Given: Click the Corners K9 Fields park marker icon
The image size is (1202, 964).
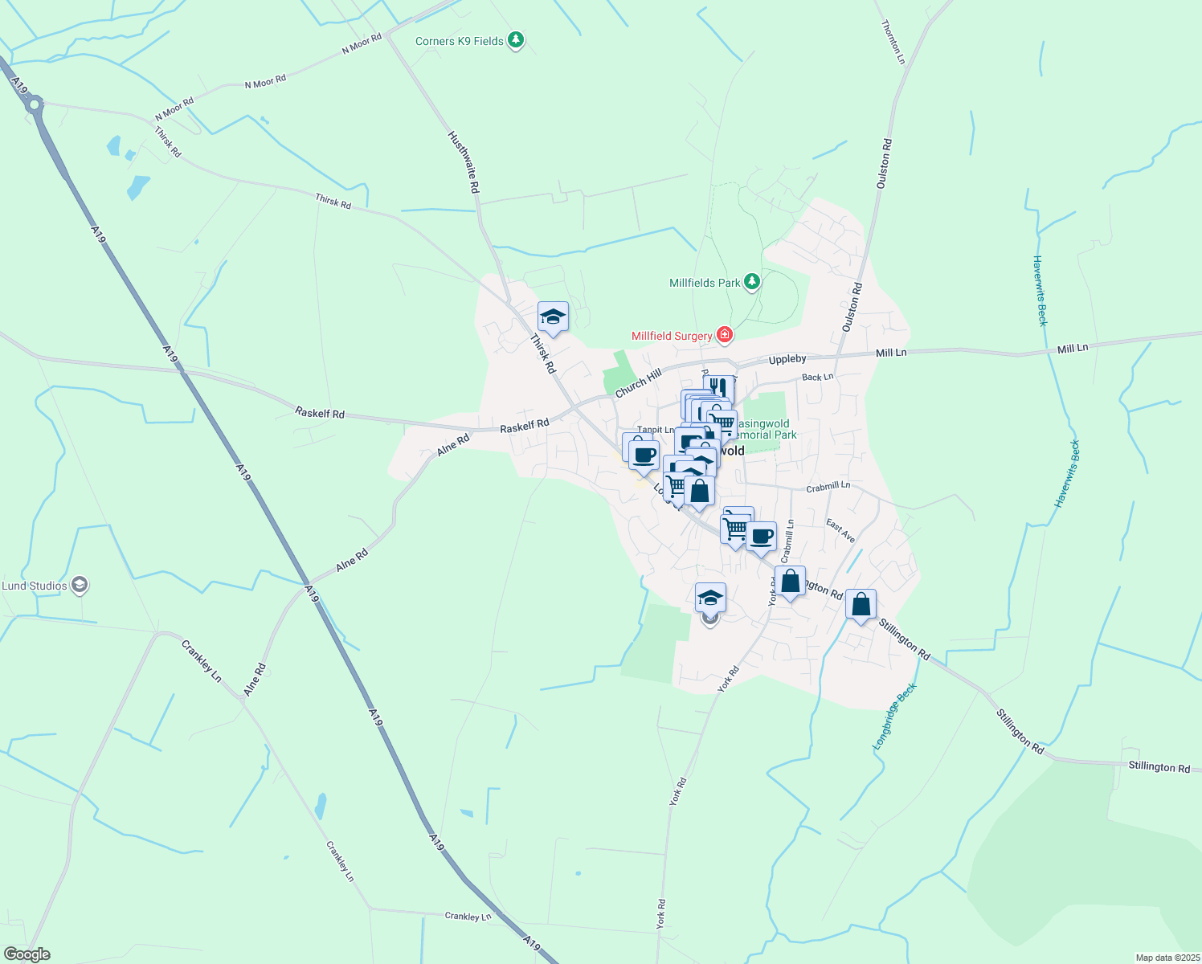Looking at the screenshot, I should (516, 39).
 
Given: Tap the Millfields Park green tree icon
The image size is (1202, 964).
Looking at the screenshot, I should (751, 281).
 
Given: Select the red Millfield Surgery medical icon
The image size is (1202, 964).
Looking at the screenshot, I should (724, 334).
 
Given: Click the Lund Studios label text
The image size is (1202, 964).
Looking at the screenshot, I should (35, 586).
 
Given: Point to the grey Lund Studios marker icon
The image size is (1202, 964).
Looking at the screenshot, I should (79, 585).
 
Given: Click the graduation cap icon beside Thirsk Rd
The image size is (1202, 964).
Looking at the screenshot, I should (553, 317).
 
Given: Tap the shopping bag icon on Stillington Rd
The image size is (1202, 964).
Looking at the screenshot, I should (861, 604).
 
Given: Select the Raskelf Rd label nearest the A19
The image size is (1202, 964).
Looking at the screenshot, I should (320, 413).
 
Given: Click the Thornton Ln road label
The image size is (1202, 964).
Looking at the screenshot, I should (893, 43).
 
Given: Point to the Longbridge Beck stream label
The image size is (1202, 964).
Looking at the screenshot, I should (894, 717).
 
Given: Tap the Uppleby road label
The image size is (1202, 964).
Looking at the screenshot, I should (787, 360).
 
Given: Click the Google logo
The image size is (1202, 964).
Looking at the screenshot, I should (27, 954).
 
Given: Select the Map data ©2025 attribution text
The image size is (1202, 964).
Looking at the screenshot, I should (1167, 958).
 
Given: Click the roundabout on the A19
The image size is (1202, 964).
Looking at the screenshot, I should (34, 104).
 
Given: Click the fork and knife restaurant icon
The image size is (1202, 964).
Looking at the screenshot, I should (718, 388).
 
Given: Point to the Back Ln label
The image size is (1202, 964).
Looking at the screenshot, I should (817, 377).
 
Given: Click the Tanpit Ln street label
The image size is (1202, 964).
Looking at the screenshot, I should (656, 430).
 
